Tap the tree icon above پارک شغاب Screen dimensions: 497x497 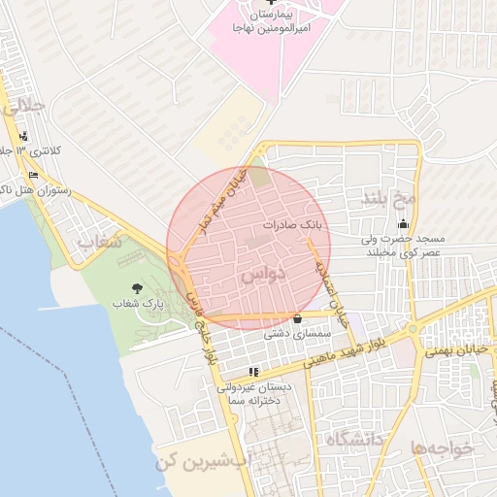click(136, 287)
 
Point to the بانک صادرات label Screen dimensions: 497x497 click(291, 224)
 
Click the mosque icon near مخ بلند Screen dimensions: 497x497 click(403, 224)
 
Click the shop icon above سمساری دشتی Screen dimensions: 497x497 click(297, 317)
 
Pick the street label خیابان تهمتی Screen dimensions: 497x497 click(454, 348)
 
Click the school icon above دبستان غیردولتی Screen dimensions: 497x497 click(253, 371)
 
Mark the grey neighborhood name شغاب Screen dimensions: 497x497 click(99, 242)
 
